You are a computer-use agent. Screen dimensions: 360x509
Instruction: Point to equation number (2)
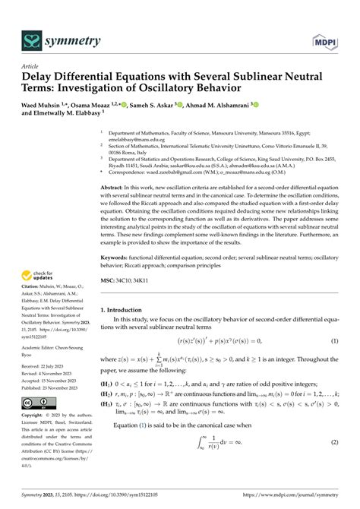pyautogui.click(x=333, y=463)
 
